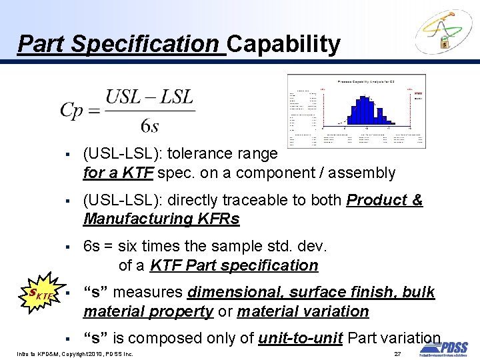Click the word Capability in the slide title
(283, 44)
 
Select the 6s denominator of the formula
(149, 125)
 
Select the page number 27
(397, 353)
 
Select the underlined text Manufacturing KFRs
(161, 219)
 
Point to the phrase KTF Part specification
(234, 265)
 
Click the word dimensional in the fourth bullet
(231, 292)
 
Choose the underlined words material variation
(303, 311)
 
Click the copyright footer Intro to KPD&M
(39, 353)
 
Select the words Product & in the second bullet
(385, 200)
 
